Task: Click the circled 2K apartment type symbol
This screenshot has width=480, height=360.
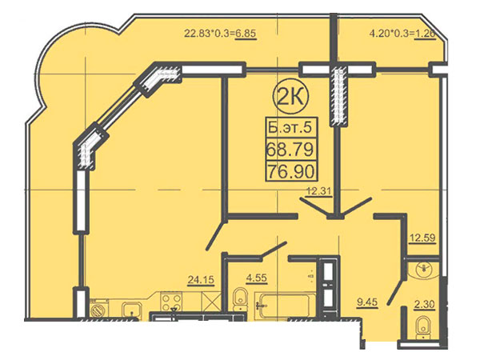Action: point(292,98)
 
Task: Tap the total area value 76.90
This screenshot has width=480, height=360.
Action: point(291,171)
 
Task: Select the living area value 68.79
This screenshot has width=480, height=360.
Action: point(290,150)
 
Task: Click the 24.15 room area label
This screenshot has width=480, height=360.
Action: point(201,280)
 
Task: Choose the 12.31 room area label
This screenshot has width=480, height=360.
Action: point(319,192)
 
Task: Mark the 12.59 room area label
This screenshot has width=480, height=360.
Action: point(423,238)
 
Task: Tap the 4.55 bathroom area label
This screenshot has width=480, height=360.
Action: point(257,278)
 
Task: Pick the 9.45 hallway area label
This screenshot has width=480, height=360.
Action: point(367,302)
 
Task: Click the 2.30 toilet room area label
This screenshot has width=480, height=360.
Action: point(424,305)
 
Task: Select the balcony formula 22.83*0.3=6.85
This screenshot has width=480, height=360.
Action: point(220,34)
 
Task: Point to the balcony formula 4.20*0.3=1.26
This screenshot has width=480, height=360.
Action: point(402,34)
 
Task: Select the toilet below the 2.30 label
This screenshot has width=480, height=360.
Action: point(424,328)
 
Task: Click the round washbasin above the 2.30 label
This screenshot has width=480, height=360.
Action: point(424,269)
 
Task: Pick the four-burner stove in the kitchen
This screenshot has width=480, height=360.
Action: point(171,302)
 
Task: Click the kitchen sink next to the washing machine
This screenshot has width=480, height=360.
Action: point(132,310)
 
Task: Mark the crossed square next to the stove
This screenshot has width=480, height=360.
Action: point(211,302)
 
